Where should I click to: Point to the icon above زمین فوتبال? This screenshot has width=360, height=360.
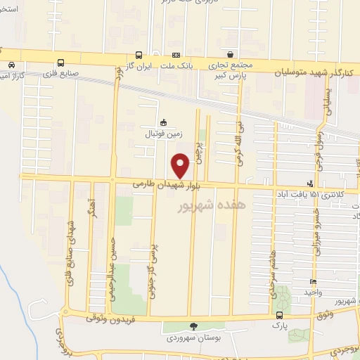(164, 121)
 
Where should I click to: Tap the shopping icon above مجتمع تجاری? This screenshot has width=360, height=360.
(231, 54)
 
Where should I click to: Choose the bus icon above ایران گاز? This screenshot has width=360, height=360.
(139, 55)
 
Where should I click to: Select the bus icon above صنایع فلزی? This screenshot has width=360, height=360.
(61, 62)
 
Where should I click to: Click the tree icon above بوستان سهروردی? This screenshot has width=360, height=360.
(193, 326)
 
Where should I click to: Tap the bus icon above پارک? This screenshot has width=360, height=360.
(280, 316)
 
